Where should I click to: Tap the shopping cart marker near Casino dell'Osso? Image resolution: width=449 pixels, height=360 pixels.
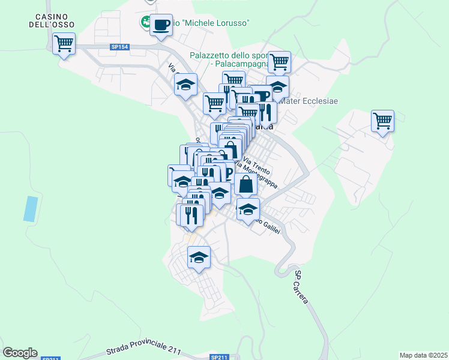tap(64, 43)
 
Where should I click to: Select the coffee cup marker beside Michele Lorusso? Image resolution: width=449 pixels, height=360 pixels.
tap(161, 25)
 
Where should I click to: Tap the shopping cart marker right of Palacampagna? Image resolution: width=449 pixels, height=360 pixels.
tap(279, 62)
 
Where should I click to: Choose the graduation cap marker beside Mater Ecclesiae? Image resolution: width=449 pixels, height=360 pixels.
tap(277, 86)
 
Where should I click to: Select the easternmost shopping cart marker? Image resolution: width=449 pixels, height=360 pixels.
tap(382, 121)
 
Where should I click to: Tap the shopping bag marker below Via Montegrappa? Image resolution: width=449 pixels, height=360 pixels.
tap(246, 184)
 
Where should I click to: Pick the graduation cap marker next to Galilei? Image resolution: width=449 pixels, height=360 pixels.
tap(247, 210)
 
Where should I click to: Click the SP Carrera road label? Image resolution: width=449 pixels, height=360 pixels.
tap(301, 287)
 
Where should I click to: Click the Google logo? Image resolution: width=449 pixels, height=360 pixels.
tap(20, 353)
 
